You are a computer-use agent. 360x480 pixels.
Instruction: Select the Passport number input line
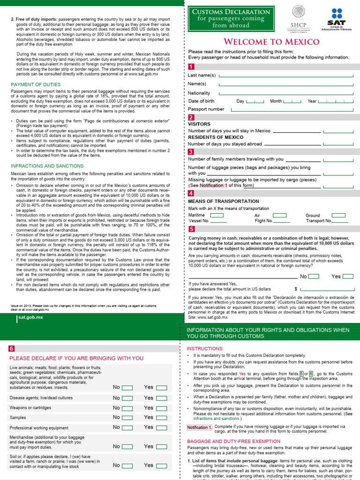291,109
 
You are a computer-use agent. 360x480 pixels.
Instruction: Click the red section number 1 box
191,67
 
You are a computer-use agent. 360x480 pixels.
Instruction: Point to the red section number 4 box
191,193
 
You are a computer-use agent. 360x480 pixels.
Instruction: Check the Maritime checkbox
217,216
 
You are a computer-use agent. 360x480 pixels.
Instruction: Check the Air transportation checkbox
280,216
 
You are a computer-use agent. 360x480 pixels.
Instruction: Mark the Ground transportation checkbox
338,216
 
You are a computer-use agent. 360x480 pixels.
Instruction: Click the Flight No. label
263,221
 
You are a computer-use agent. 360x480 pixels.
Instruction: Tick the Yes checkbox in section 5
348,276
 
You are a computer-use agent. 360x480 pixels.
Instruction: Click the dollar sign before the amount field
296,289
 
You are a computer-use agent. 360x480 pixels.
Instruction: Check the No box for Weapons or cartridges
127,408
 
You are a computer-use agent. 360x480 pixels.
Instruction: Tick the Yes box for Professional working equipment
161,427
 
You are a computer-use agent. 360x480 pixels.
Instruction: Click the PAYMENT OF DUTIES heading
36,84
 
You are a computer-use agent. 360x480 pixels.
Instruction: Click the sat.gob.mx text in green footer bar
30,317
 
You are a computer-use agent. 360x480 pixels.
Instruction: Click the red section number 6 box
12,348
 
